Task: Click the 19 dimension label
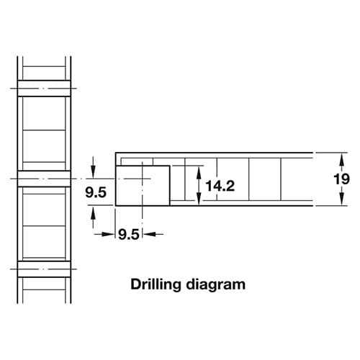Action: click(x=341, y=179)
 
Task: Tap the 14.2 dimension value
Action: click(x=220, y=186)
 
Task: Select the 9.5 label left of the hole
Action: click(x=96, y=192)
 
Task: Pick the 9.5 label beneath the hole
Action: click(x=129, y=235)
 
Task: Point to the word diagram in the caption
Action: click(x=216, y=284)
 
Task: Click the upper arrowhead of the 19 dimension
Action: click(x=342, y=159)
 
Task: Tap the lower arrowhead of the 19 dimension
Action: click(x=342, y=199)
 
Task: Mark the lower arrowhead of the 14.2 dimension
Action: click(x=199, y=199)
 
